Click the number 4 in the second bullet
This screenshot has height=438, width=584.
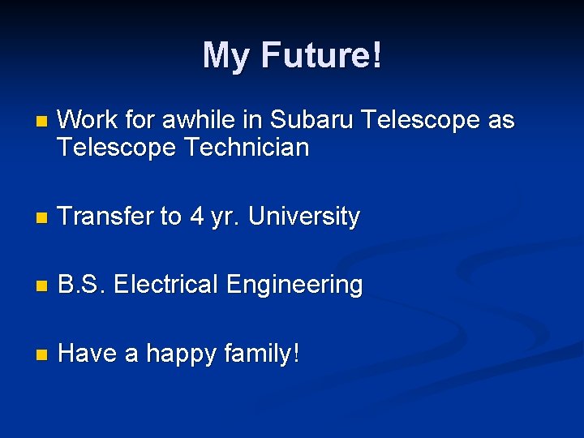point(195,217)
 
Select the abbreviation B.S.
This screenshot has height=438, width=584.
point(82,285)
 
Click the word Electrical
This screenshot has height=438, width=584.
point(166,285)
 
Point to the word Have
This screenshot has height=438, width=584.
point(87,354)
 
